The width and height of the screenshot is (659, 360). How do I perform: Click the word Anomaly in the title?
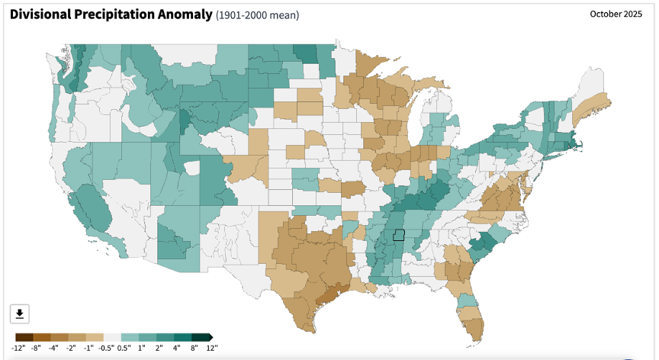pos(185,14)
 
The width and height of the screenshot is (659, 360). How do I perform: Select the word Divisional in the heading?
pos(40,14)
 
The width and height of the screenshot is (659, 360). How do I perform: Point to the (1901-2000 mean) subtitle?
pos(257,15)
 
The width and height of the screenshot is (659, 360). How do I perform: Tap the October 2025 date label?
pos(616,14)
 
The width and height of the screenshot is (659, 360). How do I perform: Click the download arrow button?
pos(20,313)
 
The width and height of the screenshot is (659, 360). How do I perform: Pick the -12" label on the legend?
pos(18,348)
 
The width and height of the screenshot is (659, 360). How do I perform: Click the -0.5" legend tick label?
pos(106,348)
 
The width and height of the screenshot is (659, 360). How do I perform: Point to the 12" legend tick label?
pos(212,348)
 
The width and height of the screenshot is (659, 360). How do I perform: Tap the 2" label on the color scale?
pos(159,348)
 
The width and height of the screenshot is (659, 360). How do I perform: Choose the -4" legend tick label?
pos(53,348)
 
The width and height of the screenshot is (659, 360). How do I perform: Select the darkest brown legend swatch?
pos(24,337)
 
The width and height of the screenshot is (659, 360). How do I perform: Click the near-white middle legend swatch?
pos(112,337)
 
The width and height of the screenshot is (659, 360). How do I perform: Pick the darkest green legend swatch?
pos(201,337)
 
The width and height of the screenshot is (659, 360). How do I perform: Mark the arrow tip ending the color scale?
pos(213,337)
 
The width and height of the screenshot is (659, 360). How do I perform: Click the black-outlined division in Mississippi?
pos(398,235)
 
